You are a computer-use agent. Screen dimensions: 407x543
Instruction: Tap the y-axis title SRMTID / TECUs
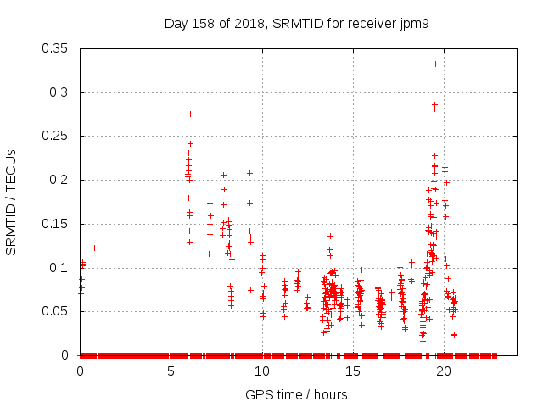pos(12,202)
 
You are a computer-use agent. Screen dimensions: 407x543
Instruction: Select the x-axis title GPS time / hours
pos(296,394)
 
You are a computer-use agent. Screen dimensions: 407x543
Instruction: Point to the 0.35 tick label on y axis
pos(57,48)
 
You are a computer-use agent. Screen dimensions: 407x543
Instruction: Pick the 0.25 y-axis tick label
pos(57,136)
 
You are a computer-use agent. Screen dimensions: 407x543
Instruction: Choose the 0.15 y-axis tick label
pos(57,224)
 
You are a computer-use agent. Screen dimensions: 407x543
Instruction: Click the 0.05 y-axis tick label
pos(57,311)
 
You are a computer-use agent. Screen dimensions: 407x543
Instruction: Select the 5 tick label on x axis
pos(171,371)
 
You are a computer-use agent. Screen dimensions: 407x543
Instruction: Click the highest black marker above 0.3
pos(435,64)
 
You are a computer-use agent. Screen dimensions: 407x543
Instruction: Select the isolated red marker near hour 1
pos(94,248)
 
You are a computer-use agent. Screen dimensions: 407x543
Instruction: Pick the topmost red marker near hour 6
pos(190,114)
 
